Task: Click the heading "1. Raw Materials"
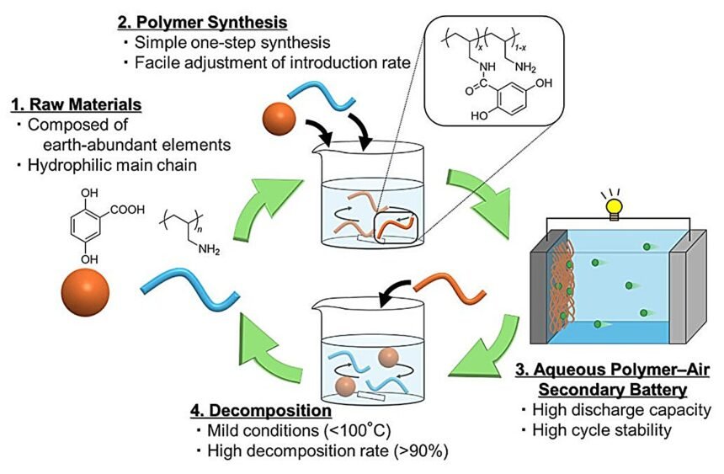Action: click(x=76, y=104)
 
